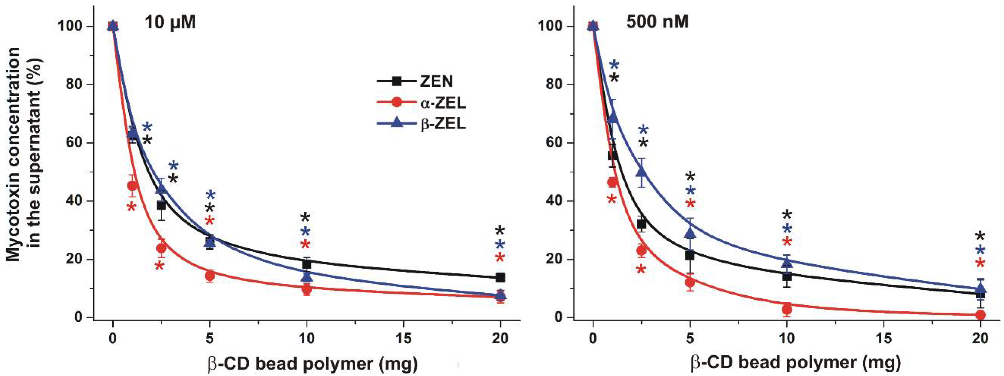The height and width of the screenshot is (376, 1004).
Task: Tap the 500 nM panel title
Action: pyautogui.click(x=657, y=22)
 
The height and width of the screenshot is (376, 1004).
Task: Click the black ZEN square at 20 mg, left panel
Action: pyautogui.click(x=500, y=278)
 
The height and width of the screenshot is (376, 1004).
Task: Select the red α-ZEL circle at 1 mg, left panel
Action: pyautogui.click(x=132, y=186)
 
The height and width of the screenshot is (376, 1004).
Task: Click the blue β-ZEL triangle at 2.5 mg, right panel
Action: pyautogui.click(x=641, y=172)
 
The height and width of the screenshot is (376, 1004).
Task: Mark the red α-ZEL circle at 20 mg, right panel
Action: pyautogui.click(x=981, y=314)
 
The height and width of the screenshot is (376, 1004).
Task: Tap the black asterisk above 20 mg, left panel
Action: pyautogui.click(x=500, y=231)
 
